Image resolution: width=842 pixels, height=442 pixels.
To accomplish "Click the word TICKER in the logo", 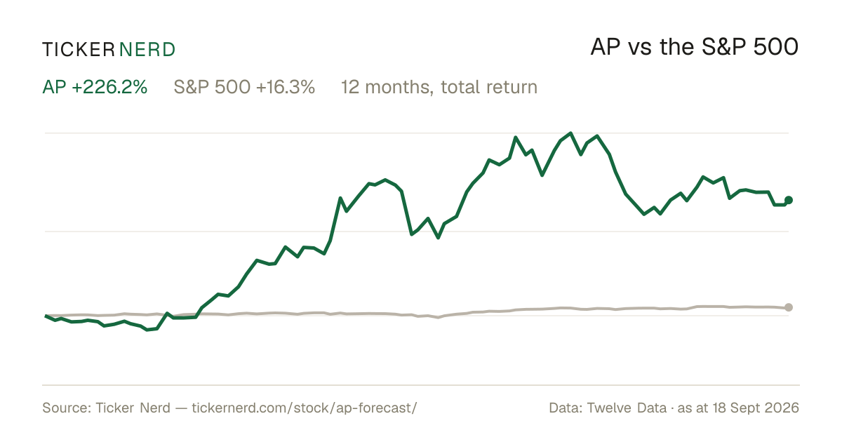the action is (78, 50).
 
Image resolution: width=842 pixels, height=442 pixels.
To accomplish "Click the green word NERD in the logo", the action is (147, 50).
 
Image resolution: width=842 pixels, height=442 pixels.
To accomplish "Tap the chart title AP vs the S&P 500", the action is (694, 48).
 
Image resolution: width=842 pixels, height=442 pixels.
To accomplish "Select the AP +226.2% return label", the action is (95, 87).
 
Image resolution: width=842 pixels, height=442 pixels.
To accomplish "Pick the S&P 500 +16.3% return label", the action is (244, 87).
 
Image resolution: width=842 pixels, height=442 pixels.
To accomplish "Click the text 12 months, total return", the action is (439, 88).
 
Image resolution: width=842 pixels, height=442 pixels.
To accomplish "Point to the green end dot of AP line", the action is (789, 201).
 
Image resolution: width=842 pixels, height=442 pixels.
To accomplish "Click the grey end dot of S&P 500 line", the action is (789, 307).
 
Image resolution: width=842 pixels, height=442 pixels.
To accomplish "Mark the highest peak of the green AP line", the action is (570, 133).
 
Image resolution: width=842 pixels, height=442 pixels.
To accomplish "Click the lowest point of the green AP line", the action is (147, 330).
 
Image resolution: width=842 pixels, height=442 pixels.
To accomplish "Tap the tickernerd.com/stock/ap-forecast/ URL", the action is (304, 408).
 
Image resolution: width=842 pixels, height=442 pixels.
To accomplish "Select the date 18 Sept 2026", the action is (755, 408).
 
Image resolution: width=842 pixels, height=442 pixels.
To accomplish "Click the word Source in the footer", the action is (65, 408).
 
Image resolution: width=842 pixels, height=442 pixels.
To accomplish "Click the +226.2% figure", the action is (109, 87).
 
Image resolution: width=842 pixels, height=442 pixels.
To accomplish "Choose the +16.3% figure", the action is (286, 87).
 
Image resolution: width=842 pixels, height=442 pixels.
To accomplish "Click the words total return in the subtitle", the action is (489, 88).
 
